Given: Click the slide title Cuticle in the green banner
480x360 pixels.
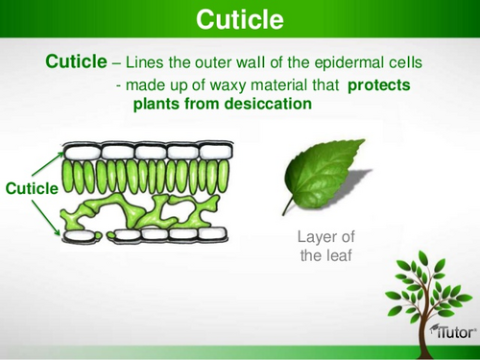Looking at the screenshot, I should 239,19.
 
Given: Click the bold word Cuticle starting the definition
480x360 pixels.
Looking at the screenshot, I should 76,61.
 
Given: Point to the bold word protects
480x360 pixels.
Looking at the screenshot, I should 378,85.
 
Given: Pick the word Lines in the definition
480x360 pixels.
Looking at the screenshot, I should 147,62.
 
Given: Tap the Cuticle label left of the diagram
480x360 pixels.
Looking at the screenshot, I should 31,189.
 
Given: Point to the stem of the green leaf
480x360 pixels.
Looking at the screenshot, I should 287,204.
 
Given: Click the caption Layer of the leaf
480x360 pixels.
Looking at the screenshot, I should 319,246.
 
